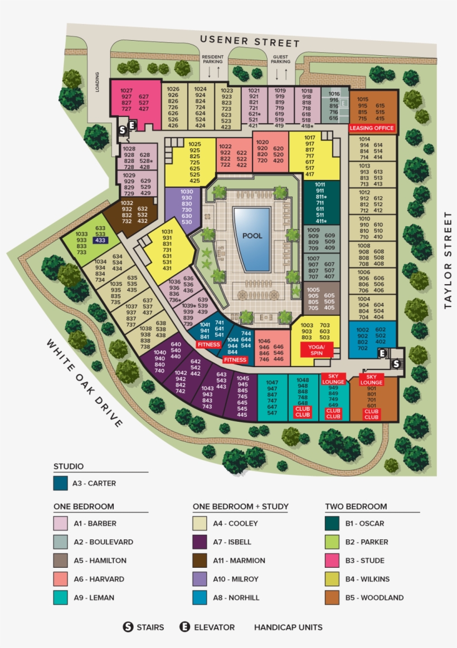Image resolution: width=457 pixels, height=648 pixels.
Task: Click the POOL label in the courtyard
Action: tap(252, 236)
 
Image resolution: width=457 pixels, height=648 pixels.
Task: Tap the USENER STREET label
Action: tap(250, 41)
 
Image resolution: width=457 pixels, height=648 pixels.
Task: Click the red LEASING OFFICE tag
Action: tap(371, 128)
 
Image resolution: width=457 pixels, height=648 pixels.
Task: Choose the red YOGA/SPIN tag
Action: tap(316, 349)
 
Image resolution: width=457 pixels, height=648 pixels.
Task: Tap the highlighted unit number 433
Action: tap(100, 240)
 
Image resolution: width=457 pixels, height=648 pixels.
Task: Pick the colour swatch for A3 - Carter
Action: tap(61, 483)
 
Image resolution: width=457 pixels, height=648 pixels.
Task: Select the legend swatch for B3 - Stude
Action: tap(332, 561)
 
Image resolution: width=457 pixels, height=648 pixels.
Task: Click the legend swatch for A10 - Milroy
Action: tap(200, 579)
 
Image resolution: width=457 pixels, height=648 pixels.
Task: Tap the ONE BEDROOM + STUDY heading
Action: tap(240, 506)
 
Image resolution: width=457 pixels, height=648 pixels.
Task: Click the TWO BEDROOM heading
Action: tap(356, 506)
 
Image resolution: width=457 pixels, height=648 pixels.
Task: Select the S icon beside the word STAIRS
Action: tap(128, 627)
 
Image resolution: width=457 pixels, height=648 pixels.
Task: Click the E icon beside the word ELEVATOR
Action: tap(185, 627)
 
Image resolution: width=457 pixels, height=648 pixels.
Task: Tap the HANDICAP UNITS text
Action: tap(288, 627)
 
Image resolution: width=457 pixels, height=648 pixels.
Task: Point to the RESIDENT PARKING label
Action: tap(212, 60)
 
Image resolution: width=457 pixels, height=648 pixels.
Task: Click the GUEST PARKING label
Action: tap(280, 60)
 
